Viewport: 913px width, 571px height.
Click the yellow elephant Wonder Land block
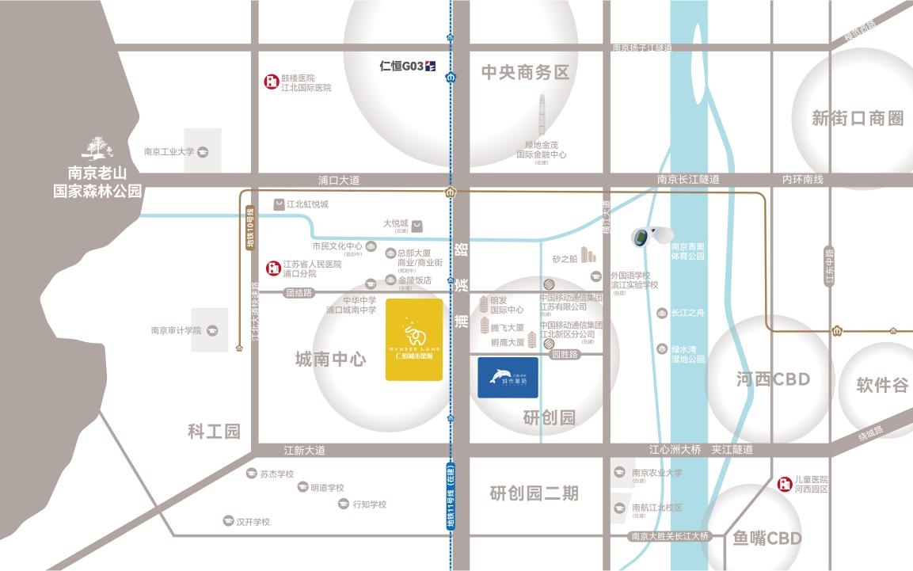click(413, 339)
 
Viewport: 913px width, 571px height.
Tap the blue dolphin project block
click(508, 377)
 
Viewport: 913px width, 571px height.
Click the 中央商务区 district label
click(526, 73)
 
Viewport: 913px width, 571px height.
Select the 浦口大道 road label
click(339, 180)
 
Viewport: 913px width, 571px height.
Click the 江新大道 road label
click(304, 450)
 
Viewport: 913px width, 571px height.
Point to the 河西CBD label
click(772, 379)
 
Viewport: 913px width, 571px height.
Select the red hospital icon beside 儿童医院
click(784, 484)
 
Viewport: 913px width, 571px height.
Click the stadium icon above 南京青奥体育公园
click(651, 236)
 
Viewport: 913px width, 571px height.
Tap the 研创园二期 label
click(534, 493)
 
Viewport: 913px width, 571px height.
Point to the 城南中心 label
click(330, 360)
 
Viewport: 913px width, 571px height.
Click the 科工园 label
click(213, 432)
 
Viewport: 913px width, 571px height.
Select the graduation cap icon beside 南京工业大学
click(203, 151)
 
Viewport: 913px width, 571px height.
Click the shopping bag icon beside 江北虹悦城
click(279, 204)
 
